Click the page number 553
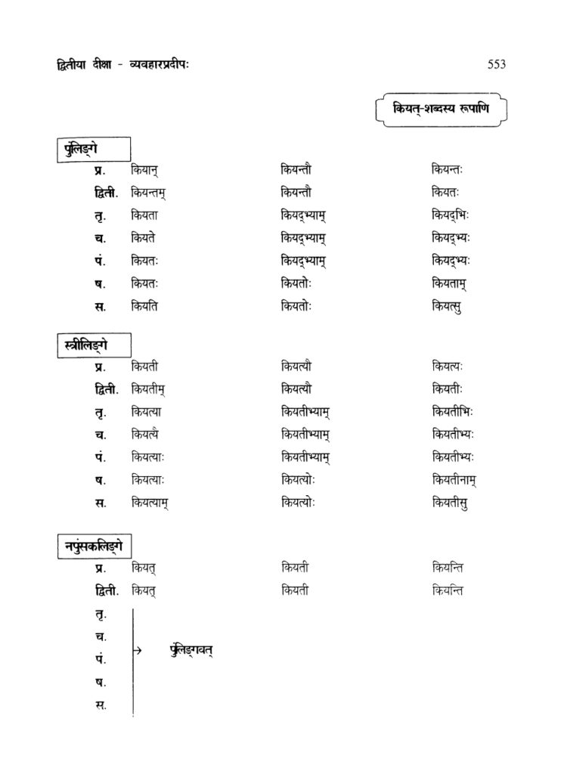pos(496,64)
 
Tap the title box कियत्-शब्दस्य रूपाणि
pos(441,109)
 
